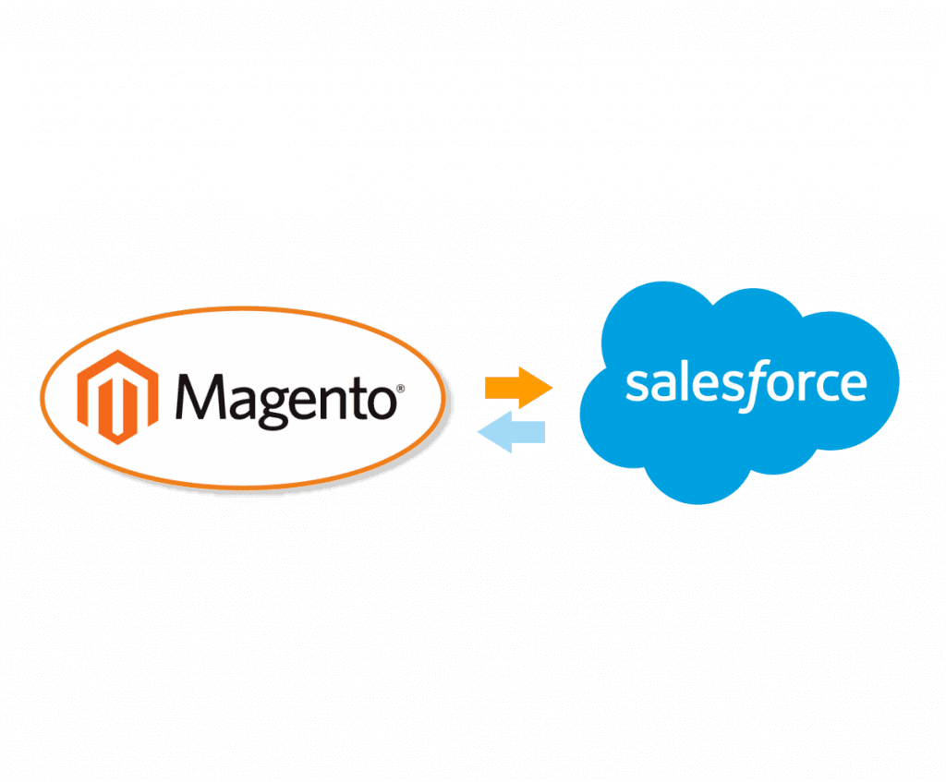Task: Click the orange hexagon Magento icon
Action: pos(117,397)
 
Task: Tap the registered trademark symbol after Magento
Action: pos(400,389)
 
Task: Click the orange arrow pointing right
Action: pos(519,388)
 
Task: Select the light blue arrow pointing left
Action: pos(511,432)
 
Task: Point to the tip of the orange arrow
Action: pos(552,388)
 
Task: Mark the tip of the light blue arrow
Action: pos(478,432)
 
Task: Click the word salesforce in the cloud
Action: pos(746,385)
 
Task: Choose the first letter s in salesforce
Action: pos(636,385)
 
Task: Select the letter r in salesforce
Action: pos(801,385)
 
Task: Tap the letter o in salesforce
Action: pos(776,385)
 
